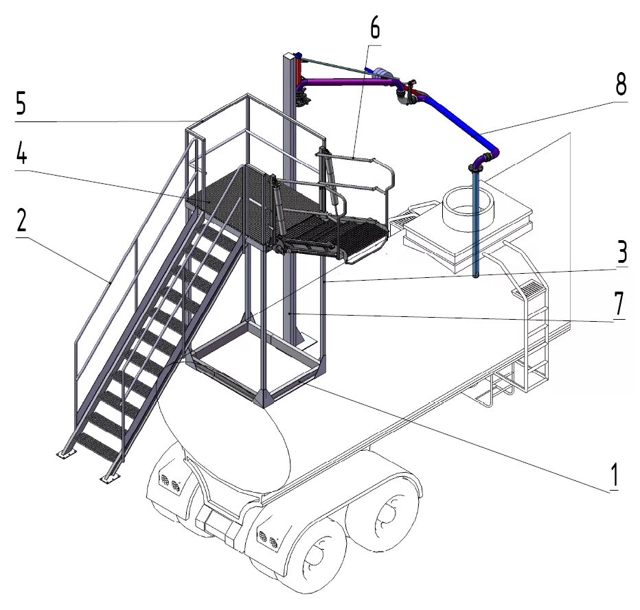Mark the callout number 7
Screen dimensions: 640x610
(619, 303)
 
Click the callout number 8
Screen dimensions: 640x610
(620, 85)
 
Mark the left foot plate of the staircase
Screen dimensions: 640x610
(64, 454)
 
